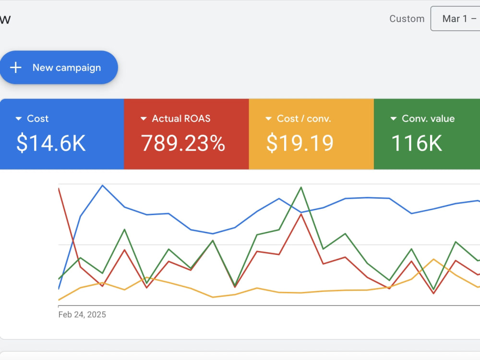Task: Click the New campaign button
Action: tap(59, 67)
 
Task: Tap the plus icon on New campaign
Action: tap(16, 67)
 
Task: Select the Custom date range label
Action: tap(407, 19)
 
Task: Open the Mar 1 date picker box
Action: tap(456, 19)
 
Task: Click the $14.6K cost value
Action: tap(51, 143)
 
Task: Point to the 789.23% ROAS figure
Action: tap(183, 143)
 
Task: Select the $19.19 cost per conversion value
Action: tap(300, 143)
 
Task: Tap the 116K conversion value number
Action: tap(417, 143)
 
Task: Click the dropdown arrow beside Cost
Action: tap(19, 119)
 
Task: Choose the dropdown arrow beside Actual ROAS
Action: tap(144, 119)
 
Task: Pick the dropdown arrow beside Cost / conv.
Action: tap(268, 119)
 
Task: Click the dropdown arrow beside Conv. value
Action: tap(394, 119)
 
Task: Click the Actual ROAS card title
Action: tap(181, 119)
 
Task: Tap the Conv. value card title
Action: tap(428, 119)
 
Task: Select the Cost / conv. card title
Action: tap(304, 119)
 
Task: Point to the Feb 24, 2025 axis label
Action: tap(82, 315)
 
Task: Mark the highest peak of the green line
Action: tap(301, 187)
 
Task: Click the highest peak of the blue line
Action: tap(103, 185)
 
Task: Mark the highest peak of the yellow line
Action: tap(433, 259)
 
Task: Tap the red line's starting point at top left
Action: tap(59, 189)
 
